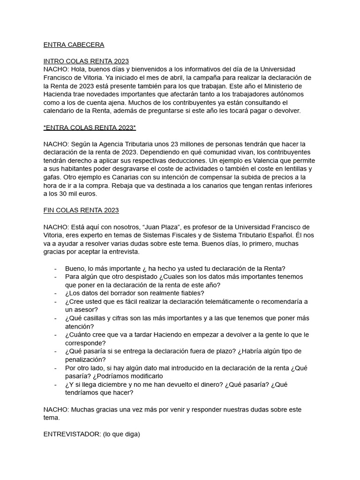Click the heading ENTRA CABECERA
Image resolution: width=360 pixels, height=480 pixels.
74,45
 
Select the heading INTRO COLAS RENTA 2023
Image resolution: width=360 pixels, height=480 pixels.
86,61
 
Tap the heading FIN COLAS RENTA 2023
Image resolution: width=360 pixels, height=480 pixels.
81,210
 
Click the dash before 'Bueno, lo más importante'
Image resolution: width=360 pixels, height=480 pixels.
56,269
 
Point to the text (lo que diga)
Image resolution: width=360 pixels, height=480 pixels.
122,434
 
